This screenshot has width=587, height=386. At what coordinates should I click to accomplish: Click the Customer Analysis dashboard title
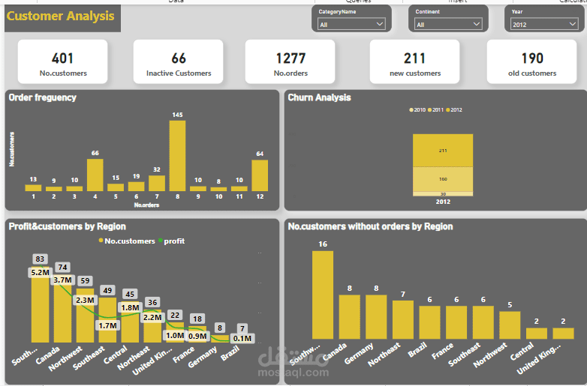61,16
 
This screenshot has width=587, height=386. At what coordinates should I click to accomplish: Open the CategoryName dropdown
351,25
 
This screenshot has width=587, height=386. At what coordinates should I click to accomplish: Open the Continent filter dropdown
448,25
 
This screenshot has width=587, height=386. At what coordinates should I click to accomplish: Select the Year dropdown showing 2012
544,25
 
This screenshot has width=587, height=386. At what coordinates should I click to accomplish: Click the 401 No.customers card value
63,58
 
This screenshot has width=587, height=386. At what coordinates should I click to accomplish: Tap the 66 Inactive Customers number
179,58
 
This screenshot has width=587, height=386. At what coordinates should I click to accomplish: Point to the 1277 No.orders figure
290,58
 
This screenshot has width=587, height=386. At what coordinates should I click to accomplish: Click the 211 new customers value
414,58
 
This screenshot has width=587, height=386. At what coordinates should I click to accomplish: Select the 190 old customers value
532,58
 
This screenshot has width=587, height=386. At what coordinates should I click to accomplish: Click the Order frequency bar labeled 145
177,156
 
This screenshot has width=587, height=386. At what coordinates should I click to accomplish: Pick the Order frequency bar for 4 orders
95,175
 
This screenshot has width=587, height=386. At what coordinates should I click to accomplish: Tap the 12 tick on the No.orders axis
260,196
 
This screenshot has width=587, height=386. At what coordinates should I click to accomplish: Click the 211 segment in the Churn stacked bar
443,150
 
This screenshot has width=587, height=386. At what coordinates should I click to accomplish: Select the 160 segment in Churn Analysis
443,179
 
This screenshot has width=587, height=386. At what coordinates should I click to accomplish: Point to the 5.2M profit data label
40,273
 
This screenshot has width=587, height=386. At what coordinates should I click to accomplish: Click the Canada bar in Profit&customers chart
62,315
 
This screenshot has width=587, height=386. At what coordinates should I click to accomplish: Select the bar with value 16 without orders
323,295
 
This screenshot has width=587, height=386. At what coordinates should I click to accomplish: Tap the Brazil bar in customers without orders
429,322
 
